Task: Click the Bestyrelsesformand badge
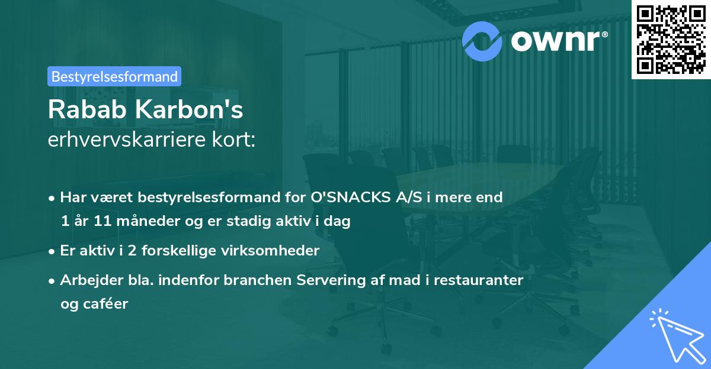pyautogui.click(x=114, y=76)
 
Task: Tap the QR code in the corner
pyautogui.click(x=670, y=39)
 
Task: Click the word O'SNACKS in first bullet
pyautogui.click(x=333, y=198)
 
